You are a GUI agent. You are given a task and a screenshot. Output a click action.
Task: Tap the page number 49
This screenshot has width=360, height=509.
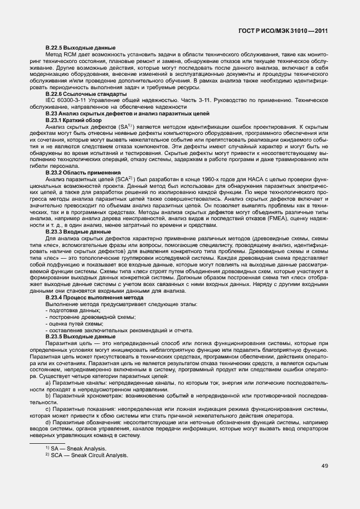(324, 466)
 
